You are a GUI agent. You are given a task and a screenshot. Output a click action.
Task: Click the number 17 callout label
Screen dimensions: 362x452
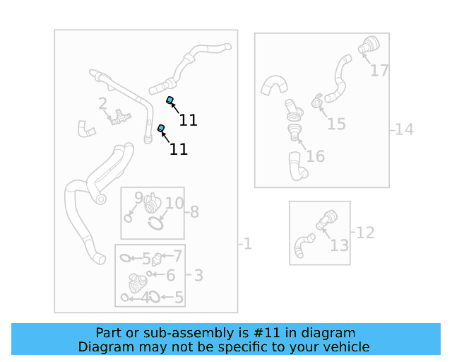tap(379, 71)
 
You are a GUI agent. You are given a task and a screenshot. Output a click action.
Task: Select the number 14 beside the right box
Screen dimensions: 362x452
tap(404, 129)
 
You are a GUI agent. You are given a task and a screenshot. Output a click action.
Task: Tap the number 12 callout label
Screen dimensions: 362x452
tap(364, 233)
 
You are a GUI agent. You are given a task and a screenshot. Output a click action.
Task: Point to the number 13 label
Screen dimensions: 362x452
tap(339, 245)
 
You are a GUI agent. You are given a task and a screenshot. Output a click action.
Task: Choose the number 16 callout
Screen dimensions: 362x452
tap(315, 156)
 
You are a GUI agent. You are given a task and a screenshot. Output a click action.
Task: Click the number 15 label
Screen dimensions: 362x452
tap(336, 124)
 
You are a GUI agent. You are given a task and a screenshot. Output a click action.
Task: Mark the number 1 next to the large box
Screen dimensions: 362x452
tap(247, 244)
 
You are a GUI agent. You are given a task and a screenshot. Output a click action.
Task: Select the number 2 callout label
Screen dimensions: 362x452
tap(102, 104)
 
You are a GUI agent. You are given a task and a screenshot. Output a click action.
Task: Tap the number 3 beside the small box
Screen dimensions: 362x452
tap(198, 276)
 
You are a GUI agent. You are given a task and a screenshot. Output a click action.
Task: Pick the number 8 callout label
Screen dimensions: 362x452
tap(195, 211)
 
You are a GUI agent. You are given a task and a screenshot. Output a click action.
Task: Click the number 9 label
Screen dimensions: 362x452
tap(138, 197)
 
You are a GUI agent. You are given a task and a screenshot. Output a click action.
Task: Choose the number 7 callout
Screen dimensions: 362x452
tap(178, 256)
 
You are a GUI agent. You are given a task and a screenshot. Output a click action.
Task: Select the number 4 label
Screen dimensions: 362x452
tap(145, 298)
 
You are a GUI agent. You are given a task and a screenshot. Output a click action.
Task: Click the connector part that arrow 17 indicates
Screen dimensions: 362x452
tap(368, 46)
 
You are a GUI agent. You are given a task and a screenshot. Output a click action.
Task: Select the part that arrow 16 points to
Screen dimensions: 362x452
tap(294, 132)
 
